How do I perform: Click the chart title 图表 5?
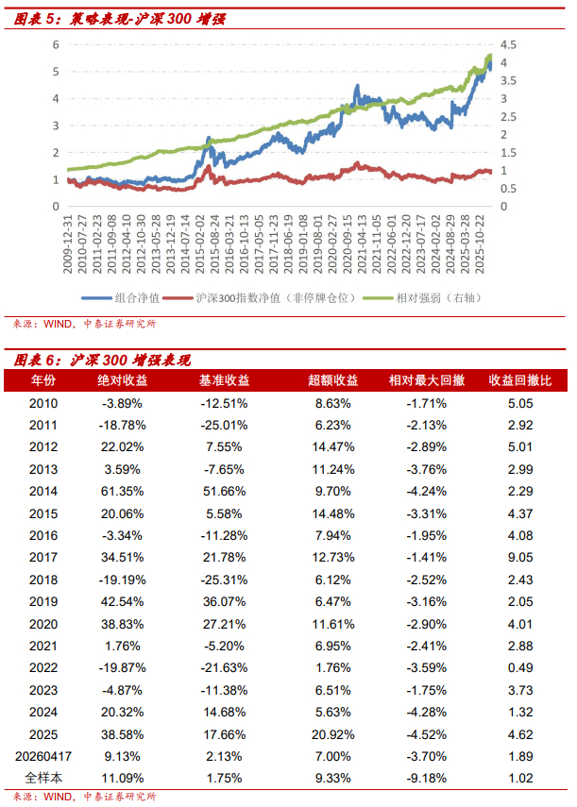click(x=119, y=19)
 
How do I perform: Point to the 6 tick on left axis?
click(x=56, y=44)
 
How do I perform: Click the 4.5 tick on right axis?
click(x=508, y=44)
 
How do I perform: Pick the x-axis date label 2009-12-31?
click(x=67, y=244)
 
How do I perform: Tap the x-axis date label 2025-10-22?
click(x=480, y=244)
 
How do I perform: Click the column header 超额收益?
click(x=333, y=380)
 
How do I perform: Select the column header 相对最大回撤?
click(x=427, y=380)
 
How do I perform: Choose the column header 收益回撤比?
click(x=520, y=380)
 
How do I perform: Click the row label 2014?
click(x=43, y=492)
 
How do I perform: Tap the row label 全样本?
click(x=43, y=778)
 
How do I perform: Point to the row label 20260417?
click(x=43, y=756)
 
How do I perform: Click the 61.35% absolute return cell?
click(x=122, y=492)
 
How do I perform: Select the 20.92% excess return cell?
click(x=333, y=734)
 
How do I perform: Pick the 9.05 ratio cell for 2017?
click(x=520, y=558)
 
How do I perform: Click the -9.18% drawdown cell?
click(x=427, y=778)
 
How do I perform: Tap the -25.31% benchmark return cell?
click(x=224, y=580)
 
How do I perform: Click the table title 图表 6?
click(x=102, y=360)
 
